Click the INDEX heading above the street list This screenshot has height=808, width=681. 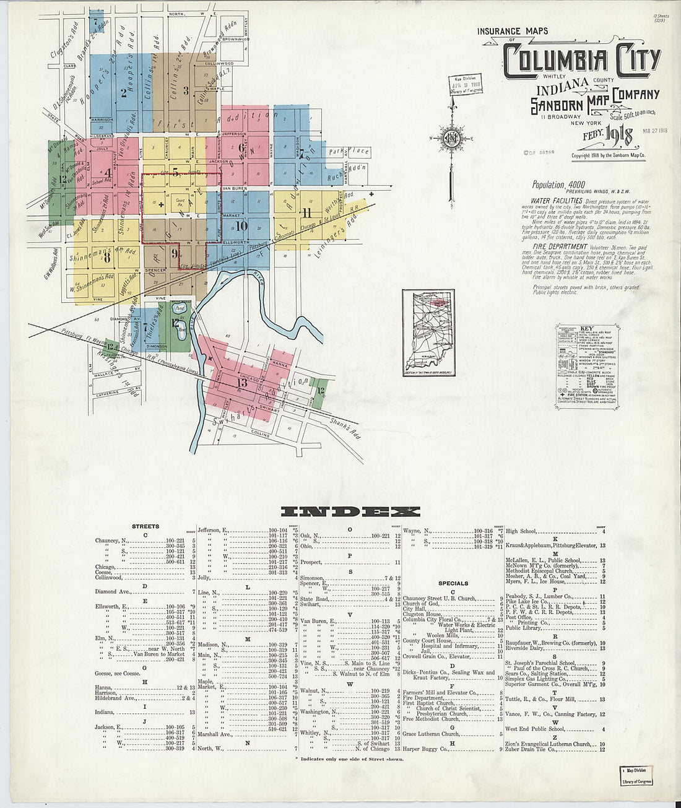pyautogui.click(x=350, y=511)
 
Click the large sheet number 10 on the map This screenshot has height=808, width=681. pyautogui.click(x=241, y=226)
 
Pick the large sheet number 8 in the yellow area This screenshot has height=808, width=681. pyautogui.click(x=107, y=256)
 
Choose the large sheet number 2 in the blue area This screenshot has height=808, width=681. pyautogui.click(x=124, y=93)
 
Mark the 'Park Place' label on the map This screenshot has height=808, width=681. pyautogui.click(x=349, y=151)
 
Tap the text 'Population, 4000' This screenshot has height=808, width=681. pyautogui.click(x=558, y=185)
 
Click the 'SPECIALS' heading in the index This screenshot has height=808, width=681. pyautogui.click(x=453, y=583)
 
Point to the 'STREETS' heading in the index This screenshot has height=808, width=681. pyautogui.click(x=145, y=526)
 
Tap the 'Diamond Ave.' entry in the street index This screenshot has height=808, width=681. pyautogui.click(x=112, y=592)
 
